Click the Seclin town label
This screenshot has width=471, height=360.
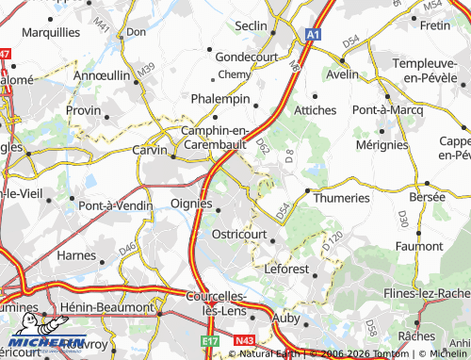[252, 25]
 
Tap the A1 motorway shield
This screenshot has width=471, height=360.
[312, 34]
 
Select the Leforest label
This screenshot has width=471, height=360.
[293, 268]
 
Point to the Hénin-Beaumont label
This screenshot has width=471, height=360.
[106, 307]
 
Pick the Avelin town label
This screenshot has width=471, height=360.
[342, 74]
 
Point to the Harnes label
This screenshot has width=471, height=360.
[78, 254]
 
